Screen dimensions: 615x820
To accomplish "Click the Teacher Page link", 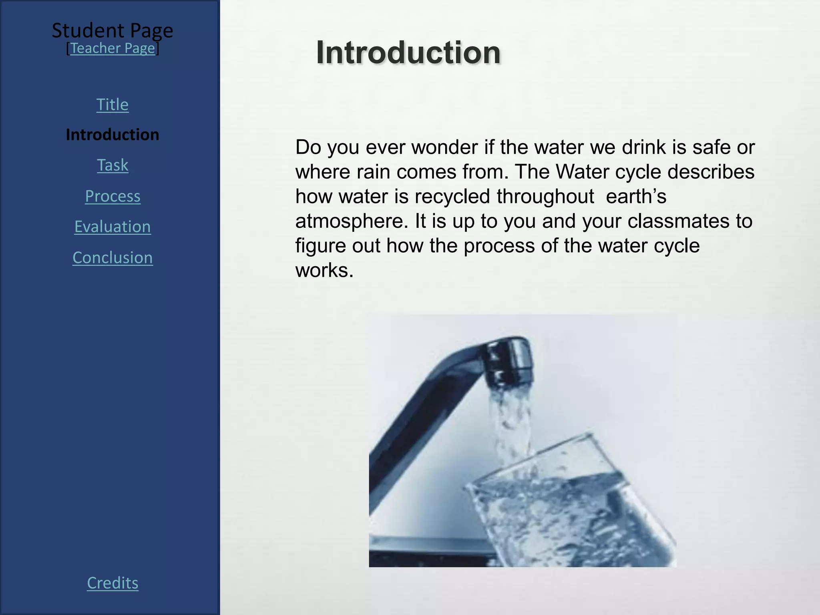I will tap(113, 48).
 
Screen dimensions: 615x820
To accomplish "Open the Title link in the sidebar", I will tap(113, 105).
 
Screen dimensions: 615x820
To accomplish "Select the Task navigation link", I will tap(113, 165).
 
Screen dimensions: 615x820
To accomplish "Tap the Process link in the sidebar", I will tap(113, 196).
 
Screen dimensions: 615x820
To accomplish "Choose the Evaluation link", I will tap(113, 227).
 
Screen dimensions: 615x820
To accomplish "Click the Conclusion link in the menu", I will tap(113, 257).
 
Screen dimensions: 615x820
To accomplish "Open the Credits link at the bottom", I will tap(113, 583).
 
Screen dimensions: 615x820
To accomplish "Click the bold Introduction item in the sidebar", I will tap(113, 135).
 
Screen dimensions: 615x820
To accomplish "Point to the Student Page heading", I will tap(113, 30).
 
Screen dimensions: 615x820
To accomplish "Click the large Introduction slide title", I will tap(408, 52).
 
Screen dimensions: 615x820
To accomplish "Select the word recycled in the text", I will tap(452, 197).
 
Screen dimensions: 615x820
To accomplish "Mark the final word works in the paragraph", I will tap(324, 270).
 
